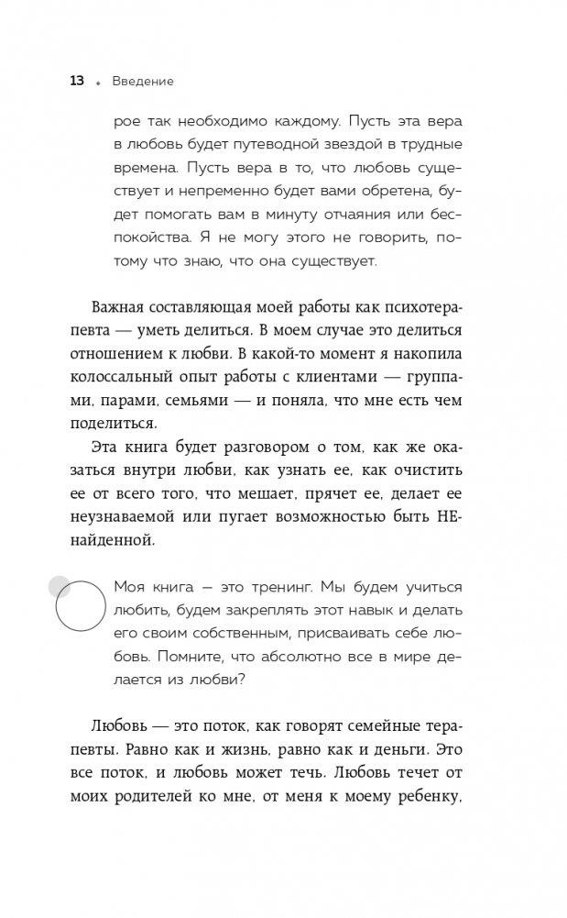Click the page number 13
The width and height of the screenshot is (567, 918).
click(77, 82)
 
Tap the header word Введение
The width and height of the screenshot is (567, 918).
click(143, 82)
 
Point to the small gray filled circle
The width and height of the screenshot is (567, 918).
click(58, 585)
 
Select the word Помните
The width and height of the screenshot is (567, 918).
click(194, 657)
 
